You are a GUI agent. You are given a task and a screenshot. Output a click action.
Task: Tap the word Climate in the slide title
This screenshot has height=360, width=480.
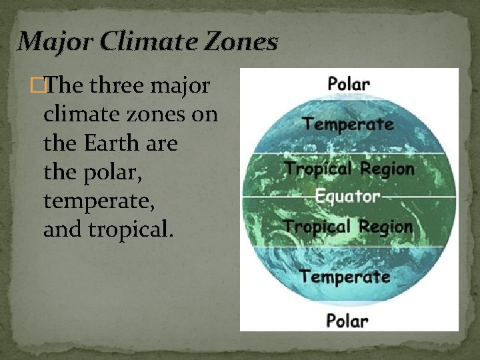click(x=141, y=42)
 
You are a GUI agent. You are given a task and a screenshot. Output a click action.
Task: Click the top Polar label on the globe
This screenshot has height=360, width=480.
click(x=349, y=84)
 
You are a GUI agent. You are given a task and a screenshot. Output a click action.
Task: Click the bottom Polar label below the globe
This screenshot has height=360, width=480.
click(x=347, y=321)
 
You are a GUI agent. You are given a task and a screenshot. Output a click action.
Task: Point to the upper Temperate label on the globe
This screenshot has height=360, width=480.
click(x=347, y=123)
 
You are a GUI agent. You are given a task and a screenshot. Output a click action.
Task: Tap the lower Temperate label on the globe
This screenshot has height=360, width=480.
click(x=345, y=275)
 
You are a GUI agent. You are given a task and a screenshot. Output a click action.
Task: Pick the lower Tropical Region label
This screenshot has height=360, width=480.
click(x=347, y=226)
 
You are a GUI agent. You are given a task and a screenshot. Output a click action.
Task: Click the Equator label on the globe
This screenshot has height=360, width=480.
click(x=347, y=196)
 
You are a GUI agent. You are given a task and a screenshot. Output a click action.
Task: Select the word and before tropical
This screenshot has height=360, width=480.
click(x=58, y=229)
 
